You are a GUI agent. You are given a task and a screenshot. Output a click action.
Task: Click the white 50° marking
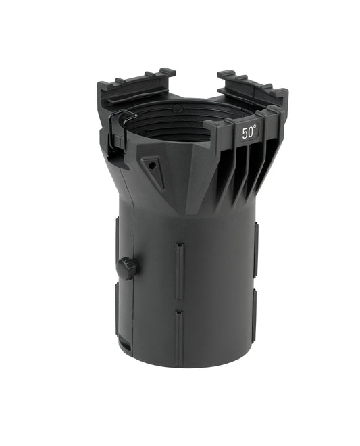click(249, 133)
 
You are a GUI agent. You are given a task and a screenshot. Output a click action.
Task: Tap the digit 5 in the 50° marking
click(245, 134)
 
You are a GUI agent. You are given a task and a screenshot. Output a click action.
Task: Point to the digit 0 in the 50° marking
click(251, 133)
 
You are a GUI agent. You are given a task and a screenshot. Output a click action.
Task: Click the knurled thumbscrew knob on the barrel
click(126, 268)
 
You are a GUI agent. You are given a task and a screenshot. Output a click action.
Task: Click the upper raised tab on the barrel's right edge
click(256, 251)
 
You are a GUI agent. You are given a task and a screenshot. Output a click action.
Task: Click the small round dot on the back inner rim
click(176, 108)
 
